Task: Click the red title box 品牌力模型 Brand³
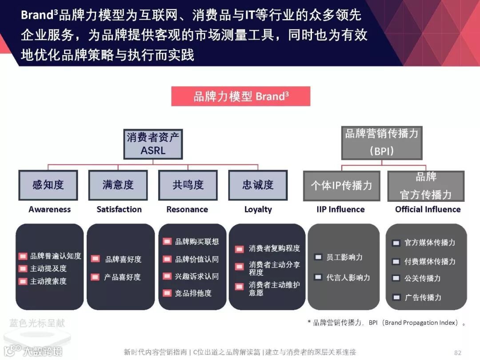coord(240,96)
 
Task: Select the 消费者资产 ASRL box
coord(153,144)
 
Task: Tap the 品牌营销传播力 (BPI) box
coord(382,142)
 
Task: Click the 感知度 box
coord(48,185)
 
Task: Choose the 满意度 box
coord(118,185)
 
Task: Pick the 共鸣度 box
coord(188,185)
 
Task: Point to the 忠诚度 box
coord(258,185)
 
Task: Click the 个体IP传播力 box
coord(341,186)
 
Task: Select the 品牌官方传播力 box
coord(426,186)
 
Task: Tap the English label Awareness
coord(49,209)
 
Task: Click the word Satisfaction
coord(119,209)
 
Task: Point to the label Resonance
coord(187,209)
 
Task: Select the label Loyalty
coord(258,209)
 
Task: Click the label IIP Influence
coord(340,209)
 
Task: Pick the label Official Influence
coord(428,209)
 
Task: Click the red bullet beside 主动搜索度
coord(23,281)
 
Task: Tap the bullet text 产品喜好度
coord(122,277)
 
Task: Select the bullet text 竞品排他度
coord(193,293)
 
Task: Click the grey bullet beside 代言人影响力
coord(318,277)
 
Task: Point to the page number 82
coord(458,352)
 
